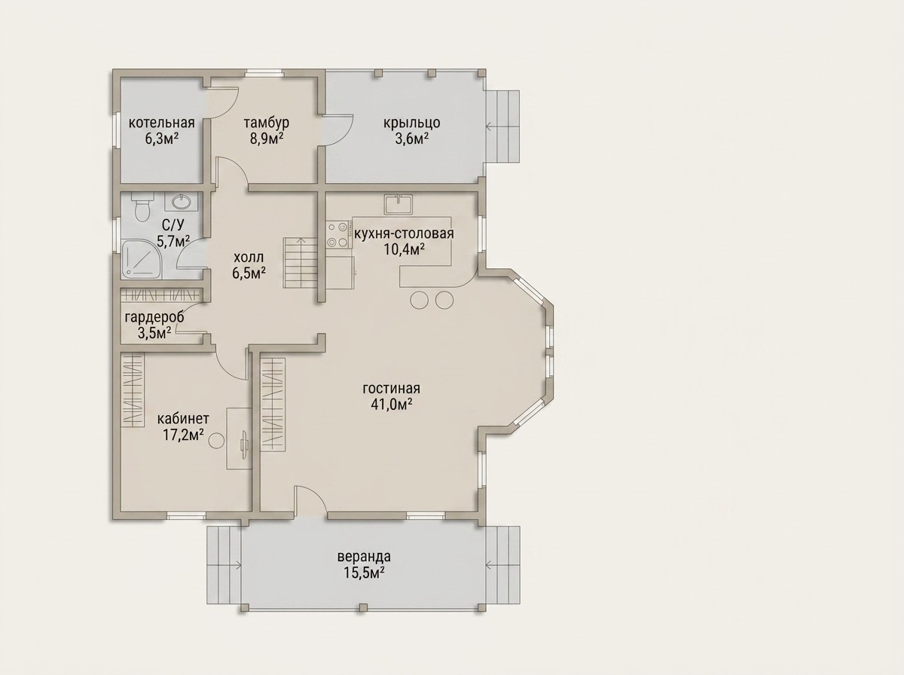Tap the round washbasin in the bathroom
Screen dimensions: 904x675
pyautogui.click(x=182, y=201)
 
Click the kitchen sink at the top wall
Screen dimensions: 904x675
pyautogui.click(x=399, y=204)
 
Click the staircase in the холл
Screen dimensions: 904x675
pyautogui.click(x=301, y=262)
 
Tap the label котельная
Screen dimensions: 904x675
pyautogui.click(x=161, y=123)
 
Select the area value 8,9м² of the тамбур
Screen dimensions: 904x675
pyautogui.click(x=267, y=139)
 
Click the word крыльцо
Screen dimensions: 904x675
pyautogui.click(x=412, y=123)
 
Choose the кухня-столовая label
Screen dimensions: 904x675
pyautogui.click(x=404, y=234)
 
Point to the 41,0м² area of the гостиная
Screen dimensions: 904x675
pyautogui.click(x=392, y=405)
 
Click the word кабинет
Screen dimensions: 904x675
pyautogui.click(x=183, y=419)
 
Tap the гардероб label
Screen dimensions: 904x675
pyautogui.click(x=154, y=317)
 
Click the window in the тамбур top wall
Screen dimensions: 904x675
pyautogui.click(x=264, y=73)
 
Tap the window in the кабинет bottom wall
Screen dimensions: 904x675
pyautogui.click(x=186, y=515)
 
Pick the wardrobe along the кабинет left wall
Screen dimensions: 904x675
pyautogui.click(x=133, y=391)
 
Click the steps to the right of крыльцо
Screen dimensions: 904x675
pyautogui.click(x=502, y=127)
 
